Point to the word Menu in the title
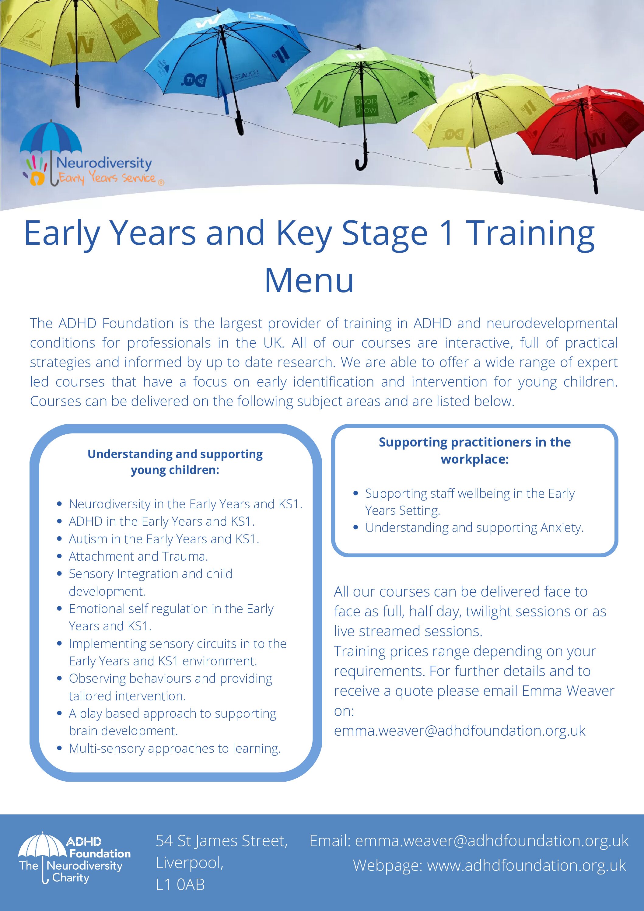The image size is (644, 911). [x=309, y=281]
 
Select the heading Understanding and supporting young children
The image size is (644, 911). [x=175, y=462]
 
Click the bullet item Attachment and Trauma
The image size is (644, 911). [x=138, y=556]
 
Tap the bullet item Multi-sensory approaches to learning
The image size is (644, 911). [x=175, y=748]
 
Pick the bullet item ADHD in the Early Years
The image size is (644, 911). [x=162, y=521]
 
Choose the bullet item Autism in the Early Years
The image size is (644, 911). [x=164, y=539]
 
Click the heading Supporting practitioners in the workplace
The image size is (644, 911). [x=474, y=450]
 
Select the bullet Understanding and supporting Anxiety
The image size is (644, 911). [x=474, y=528]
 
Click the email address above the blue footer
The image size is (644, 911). [x=460, y=731]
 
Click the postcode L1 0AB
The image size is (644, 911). [x=180, y=885]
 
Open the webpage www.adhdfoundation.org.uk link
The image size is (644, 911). [x=526, y=865]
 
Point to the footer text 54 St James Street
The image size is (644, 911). [x=221, y=841]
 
